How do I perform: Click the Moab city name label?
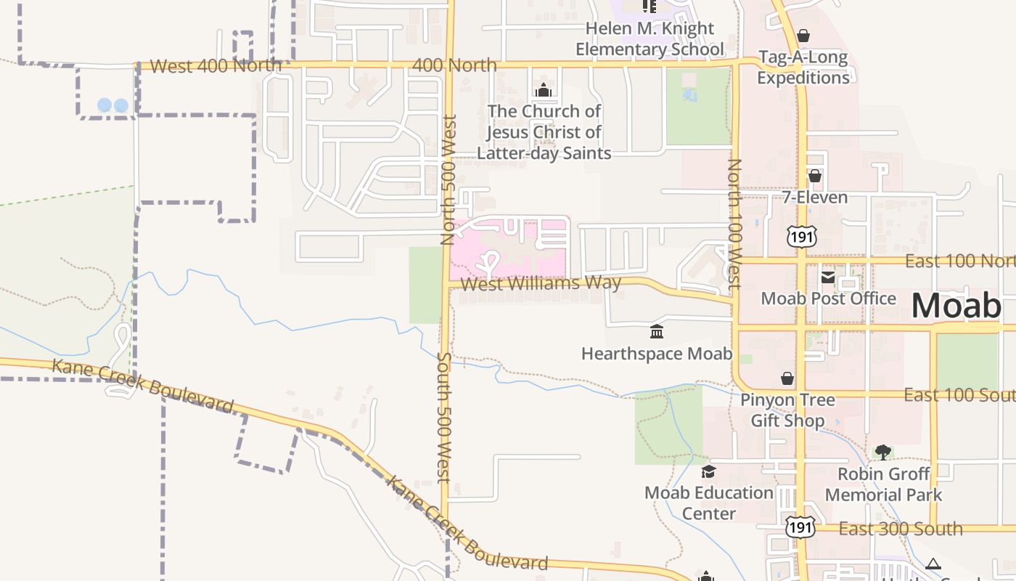pos(956,306)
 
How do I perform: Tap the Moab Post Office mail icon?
pos(827,277)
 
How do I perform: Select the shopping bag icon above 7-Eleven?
pos(814,176)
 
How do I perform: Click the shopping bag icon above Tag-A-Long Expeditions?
pos(803,36)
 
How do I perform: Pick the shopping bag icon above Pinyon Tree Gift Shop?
pos(787,378)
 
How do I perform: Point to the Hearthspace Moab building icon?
pos(657,332)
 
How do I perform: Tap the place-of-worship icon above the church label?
pos(544,90)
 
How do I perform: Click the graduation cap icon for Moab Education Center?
pos(709,472)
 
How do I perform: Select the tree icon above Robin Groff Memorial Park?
pos(883,452)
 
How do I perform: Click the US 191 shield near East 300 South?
pos(800,528)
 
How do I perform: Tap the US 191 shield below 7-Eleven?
pos(800,236)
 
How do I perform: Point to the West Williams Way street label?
pos(541,283)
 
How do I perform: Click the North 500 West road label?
pos(448,179)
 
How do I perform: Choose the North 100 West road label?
pos(734,224)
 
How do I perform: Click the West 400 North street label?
pos(216,66)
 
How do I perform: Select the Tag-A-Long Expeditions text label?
pos(803,68)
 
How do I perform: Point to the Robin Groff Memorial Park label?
pos(883,484)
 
